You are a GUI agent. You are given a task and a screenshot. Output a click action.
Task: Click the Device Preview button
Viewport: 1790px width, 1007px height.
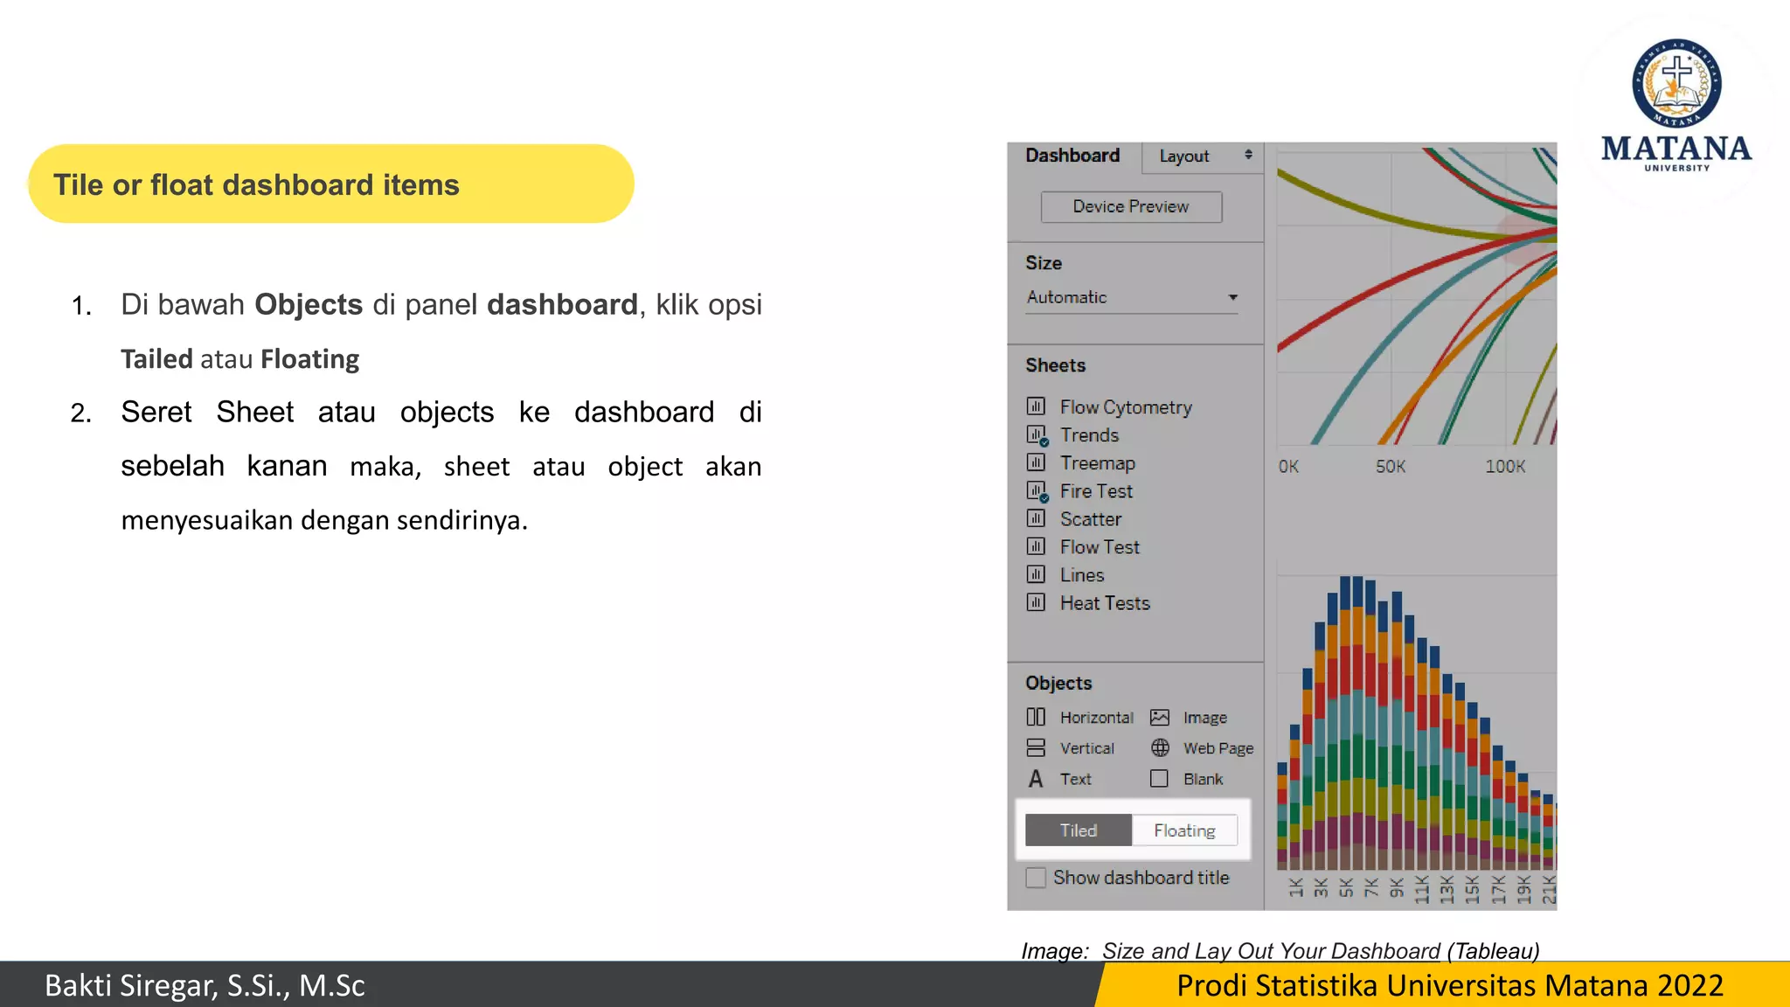1131,207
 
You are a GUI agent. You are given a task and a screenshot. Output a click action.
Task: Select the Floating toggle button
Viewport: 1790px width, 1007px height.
1184,830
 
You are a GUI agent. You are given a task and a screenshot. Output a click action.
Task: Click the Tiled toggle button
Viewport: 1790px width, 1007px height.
1079,830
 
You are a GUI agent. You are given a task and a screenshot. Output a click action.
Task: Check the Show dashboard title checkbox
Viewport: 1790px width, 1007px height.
1036,878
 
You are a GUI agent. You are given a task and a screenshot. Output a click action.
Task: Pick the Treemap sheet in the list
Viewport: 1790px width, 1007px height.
1097,463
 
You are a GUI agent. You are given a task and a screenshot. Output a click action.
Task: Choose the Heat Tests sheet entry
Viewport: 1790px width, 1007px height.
1105,603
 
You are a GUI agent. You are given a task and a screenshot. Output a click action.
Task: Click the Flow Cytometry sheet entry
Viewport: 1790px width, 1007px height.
1125,407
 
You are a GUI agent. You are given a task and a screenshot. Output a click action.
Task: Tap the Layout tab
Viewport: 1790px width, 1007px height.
1184,156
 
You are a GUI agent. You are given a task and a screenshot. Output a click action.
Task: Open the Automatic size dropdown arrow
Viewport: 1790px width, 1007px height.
1232,298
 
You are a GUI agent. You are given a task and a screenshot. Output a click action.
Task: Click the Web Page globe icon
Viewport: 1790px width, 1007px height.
1160,748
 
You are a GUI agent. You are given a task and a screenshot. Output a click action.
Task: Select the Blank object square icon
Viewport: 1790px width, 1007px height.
1159,779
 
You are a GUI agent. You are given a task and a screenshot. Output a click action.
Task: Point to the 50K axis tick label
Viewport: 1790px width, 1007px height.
1390,467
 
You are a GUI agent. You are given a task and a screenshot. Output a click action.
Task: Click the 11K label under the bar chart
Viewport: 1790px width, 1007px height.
1422,888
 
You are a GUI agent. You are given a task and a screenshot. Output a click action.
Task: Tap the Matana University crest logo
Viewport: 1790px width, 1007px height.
1676,84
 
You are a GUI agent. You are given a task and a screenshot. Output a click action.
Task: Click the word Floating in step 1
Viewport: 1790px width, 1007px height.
309,359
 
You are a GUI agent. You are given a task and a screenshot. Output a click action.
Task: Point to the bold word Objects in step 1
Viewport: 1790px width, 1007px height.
309,304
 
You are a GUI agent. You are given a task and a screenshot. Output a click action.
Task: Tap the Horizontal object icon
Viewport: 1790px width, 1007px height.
1036,718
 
